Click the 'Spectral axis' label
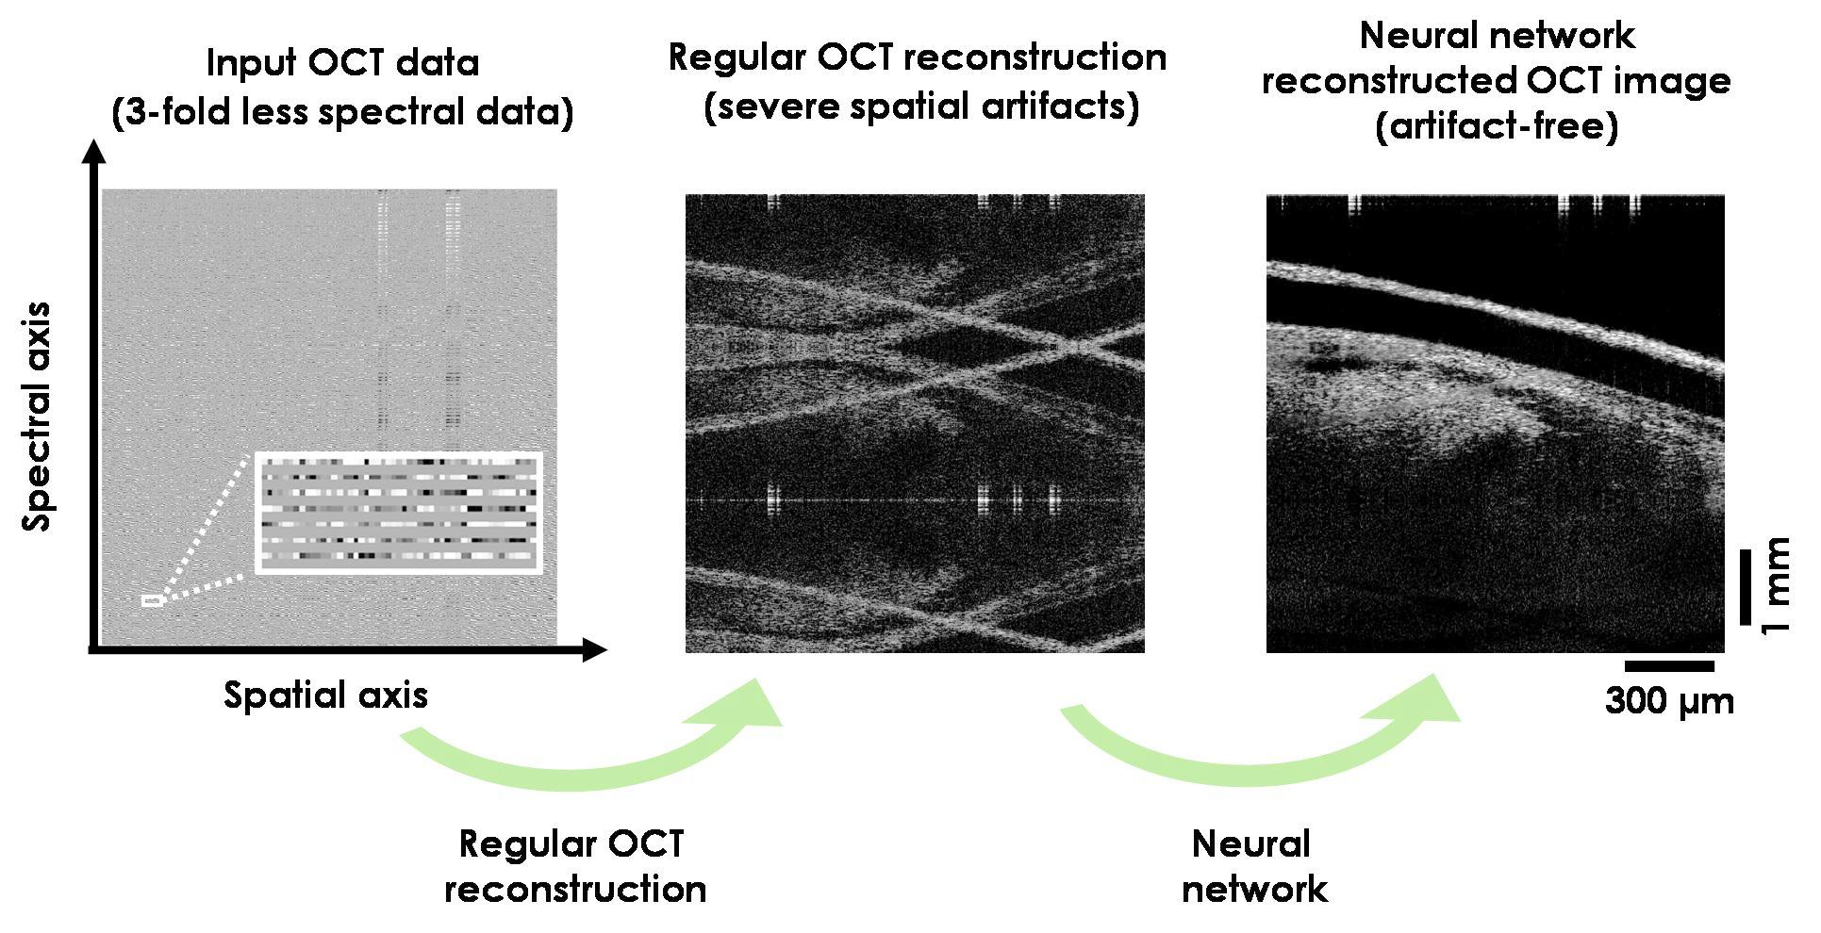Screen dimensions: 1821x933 (x=39, y=417)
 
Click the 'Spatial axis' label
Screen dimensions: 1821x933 (x=326, y=696)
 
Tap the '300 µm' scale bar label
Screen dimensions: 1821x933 (x=1669, y=702)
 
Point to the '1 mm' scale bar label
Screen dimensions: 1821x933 (x=1778, y=586)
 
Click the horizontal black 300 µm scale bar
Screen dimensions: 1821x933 (x=1669, y=666)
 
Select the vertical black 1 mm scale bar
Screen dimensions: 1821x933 (x=1745, y=586)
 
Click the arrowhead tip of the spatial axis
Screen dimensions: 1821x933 (x=607, y=649)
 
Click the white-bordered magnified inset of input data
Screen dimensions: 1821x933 (x=398, y=513)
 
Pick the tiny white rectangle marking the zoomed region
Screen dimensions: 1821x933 (x=151, y=600)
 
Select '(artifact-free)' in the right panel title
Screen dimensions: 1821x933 (x=1497, y=126)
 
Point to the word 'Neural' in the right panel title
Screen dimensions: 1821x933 (x=1413, y=37)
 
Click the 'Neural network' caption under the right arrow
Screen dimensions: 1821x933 (x=1253, y=866)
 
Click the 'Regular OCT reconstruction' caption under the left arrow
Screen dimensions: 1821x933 (x=575, y=866)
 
